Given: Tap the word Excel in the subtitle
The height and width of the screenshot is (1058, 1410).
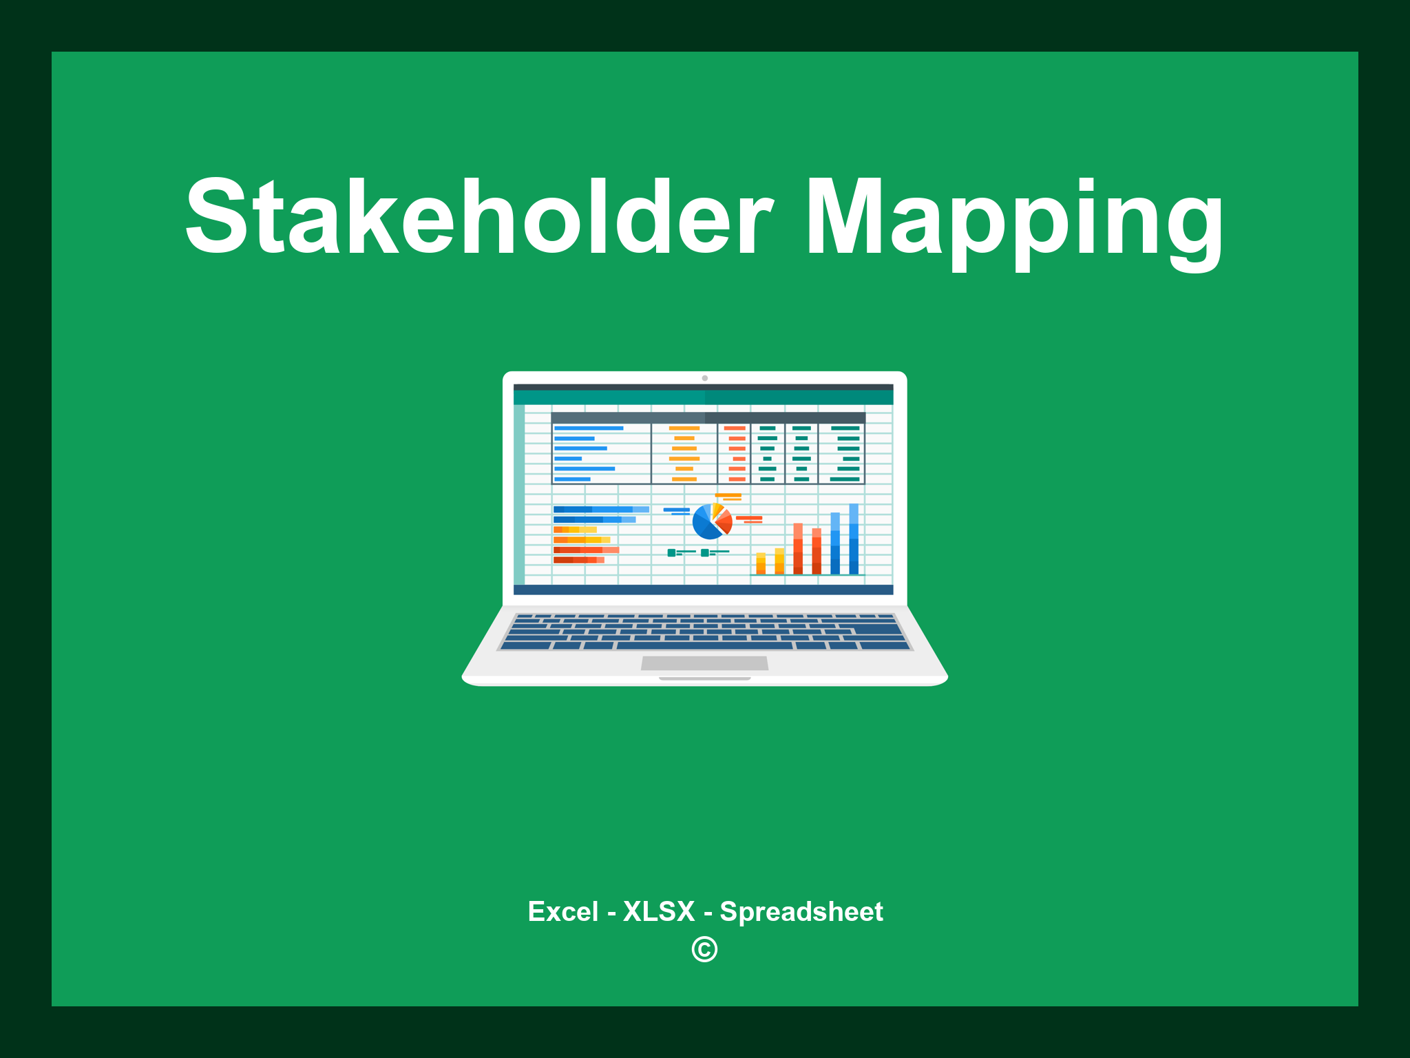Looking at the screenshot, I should click(x=562, y=911).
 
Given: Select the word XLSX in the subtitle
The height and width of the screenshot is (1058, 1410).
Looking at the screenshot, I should click(x=659, y=911).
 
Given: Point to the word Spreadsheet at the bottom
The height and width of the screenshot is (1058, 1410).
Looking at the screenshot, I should click(x=801, y=911).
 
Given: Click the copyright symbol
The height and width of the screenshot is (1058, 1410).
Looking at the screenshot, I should click(x=704, y=949).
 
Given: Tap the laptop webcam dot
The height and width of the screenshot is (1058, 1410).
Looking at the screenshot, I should click(x=704, y=378).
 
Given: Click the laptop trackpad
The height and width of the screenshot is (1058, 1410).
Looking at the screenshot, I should click(x=704, y=663).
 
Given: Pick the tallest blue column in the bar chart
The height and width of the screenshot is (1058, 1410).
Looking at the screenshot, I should click(x=854, y=539).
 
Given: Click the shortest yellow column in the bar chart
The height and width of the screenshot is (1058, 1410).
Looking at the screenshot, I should click(x=761, y=563).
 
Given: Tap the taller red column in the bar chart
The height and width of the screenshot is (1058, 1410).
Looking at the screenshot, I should click(x=798, y=548).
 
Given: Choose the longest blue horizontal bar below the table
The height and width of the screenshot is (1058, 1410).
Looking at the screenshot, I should click(x=600, y=509).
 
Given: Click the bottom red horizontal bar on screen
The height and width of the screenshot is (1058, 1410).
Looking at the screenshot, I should click(x=578, y=560).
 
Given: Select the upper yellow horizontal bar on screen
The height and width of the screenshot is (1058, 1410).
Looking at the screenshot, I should click(x=575, y=529).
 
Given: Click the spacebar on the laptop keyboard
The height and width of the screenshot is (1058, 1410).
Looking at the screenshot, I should click(x=704, y=645).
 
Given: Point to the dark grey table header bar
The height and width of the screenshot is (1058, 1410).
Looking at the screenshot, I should click(x=708, y=417).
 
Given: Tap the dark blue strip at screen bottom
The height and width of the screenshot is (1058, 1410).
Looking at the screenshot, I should click(x=703, y=590).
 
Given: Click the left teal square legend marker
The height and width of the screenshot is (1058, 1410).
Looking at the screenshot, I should click(x=671, y=552).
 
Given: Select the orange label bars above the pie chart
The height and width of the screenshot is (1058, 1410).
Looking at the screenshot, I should click(x=728, y=497).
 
